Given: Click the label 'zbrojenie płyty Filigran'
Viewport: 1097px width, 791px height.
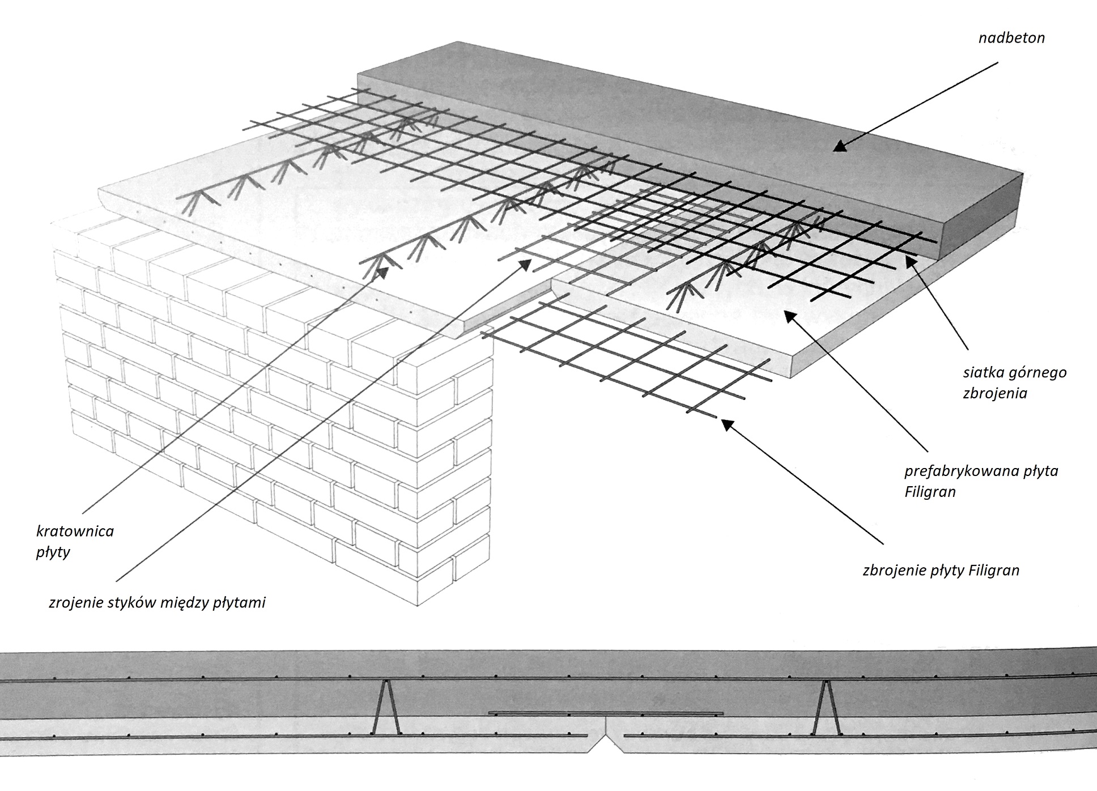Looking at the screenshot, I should click(941, 570).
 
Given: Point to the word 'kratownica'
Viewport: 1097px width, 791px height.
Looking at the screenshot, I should click(75, 531).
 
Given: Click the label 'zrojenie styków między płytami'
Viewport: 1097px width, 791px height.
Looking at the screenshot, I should click(157, 603).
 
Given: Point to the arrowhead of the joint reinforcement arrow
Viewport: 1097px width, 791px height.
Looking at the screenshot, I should click(526, 264).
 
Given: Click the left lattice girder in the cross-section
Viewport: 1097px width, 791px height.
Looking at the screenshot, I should click(385, 706).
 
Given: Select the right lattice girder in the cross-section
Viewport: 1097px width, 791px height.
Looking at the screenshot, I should click(826, 706).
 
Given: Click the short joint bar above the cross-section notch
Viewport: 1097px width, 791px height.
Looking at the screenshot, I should click(605, 713).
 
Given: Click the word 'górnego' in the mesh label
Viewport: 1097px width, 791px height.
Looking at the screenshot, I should click(1038, 373).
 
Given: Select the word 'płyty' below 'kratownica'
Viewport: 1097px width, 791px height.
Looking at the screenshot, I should click(53, 552).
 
